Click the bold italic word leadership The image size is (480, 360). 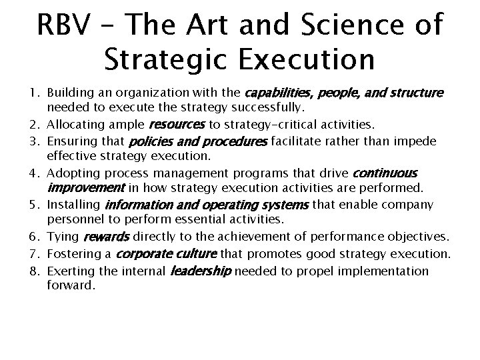(201, 271)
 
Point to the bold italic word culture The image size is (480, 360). (194, 255)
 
